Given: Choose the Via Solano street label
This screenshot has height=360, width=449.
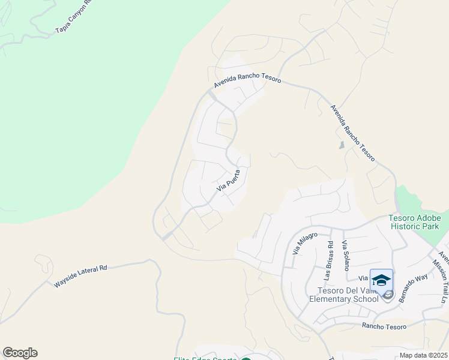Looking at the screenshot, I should (345, 256).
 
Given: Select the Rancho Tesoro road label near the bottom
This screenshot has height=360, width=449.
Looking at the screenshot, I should (384, 326).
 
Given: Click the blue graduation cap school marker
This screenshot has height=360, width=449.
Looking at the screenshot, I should (381, 280).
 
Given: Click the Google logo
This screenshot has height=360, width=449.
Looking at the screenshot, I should (20, 353).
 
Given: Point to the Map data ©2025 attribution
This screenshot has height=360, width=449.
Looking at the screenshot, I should (423, 355).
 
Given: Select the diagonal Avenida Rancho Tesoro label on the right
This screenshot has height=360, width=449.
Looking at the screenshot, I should (353, 133).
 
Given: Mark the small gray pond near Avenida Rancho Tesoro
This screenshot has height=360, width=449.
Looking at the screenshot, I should (342, 145).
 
